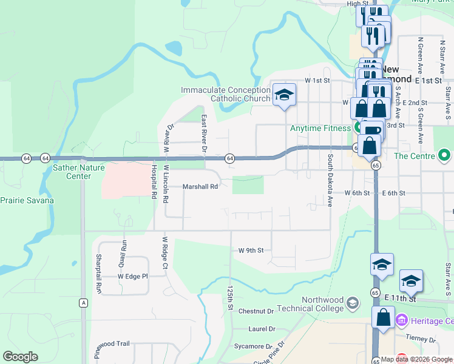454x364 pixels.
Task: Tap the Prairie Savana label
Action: (27, 200)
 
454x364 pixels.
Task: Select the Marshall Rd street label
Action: (200, 187)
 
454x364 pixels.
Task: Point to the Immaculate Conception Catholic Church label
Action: (225, 94)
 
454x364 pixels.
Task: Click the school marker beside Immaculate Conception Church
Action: (283, 95)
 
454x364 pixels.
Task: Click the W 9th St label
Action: (251, 250)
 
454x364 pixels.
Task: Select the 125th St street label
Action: (230, 299)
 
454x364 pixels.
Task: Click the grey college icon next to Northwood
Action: (353, 303)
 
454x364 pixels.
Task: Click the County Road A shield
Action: (83, 302)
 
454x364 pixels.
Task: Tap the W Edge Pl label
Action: (133, 276)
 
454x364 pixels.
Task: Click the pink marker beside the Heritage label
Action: (401, 319)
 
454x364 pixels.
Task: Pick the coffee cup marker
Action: (372, 130)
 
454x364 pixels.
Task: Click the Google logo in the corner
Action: (20, 357)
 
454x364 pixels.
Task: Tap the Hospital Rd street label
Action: (154, 181)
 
